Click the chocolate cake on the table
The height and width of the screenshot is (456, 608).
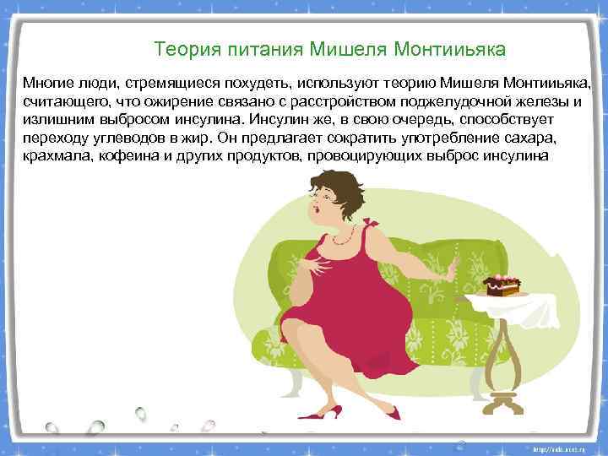tap(501, 284)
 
